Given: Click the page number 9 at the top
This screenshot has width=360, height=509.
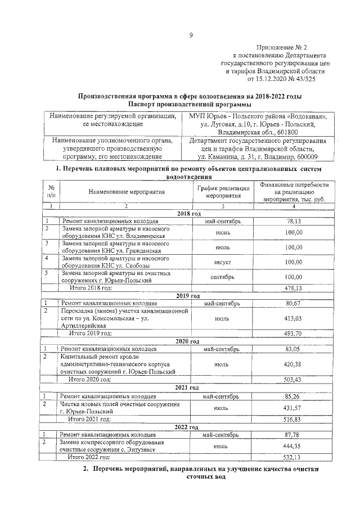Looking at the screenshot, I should [x=191, y=35].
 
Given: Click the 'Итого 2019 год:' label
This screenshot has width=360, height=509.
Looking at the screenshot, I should [x=90, y=333].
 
